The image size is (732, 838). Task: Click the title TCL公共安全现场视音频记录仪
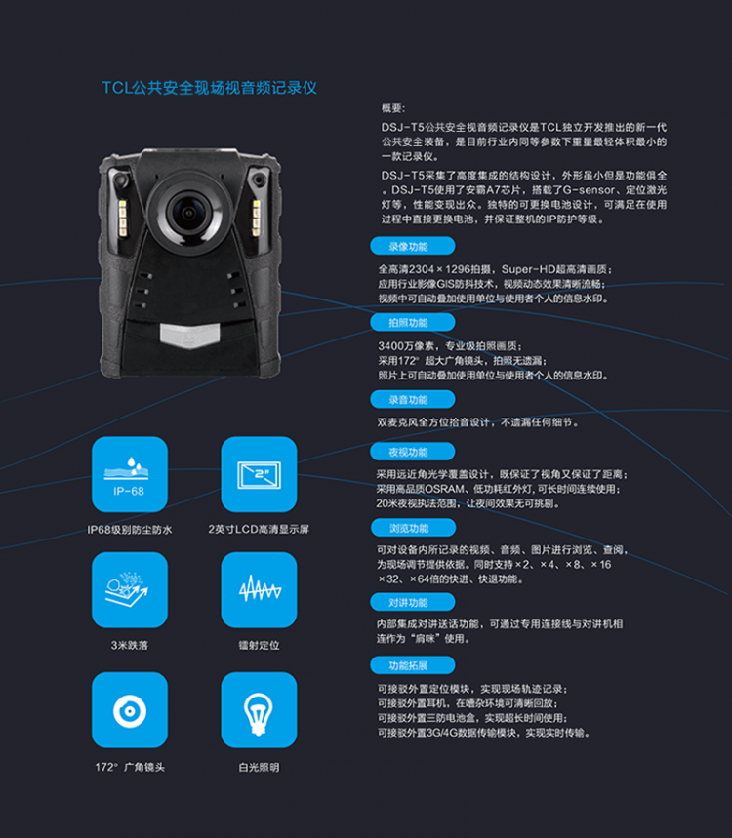click(209, 88)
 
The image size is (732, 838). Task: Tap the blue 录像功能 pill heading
click(412, 247)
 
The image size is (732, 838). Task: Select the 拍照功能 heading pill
click(412, 323)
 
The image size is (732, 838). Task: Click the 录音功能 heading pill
click(412, 400)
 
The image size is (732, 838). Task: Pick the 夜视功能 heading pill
click(412, 452)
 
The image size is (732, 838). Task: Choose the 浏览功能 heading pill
click(413, 528)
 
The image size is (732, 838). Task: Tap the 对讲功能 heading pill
click(412, 603)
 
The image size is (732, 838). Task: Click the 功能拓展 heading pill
click(412, 666)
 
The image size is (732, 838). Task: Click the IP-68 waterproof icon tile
click(130, 474)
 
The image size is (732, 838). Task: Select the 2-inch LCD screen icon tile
click(259, 474)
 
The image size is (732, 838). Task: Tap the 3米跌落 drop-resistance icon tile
click(130, 590)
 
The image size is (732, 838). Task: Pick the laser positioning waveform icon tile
click(259, 590)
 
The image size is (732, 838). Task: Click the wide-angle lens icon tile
click(130, 710)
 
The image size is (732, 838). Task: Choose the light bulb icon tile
click(259, 710)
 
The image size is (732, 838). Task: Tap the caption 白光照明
click(259, 768)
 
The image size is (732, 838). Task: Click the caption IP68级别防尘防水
click(130, 530)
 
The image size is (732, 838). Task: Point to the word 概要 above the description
click(393, 108)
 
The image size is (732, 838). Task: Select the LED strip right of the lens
click(256, 219)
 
